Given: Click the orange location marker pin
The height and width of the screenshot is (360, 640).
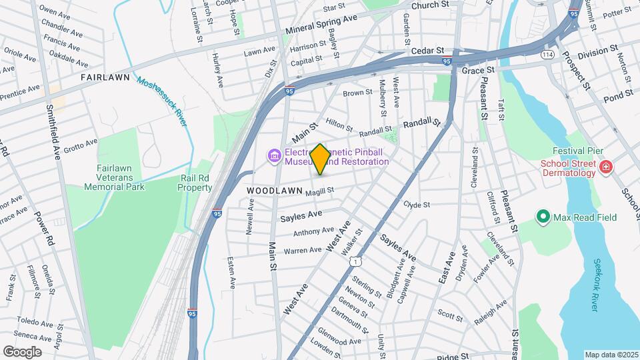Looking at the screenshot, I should click(x=320, y=159).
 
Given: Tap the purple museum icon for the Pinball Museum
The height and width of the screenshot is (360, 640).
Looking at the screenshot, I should click(x=273, y=156).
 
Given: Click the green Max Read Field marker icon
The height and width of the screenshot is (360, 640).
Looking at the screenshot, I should click(x=543, y=217).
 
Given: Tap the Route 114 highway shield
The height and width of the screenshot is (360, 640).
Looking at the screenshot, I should click(x=549, y=53).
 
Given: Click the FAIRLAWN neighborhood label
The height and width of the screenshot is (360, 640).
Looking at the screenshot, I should click(x=105, y=77).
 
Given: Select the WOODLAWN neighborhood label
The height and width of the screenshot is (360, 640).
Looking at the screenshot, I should click(x=271, y=191).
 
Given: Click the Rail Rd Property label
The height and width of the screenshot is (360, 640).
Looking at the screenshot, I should click(x=195, y=183).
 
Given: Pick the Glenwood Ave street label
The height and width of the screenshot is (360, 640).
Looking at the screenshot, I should click(x=340, y=336).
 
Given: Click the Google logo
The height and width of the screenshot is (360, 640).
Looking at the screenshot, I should click(x=22, y=351).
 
